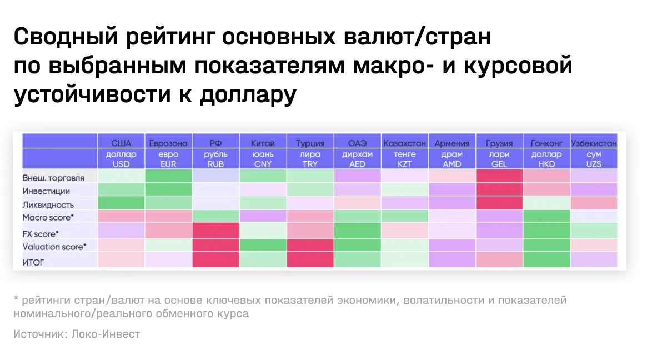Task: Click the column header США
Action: [x=121, y=143]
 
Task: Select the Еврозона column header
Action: [x=168, y=143]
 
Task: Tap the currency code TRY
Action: [x=310, y=164]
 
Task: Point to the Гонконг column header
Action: [x=546, y=143]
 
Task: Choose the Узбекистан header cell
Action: [x=594, y=143]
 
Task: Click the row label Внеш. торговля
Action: [x=53, y=178]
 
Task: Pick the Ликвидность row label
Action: [x=48, y=205]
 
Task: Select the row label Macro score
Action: [x=48, y=218]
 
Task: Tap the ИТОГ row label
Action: [x=33, y=262]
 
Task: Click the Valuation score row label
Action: [x=54, y=247]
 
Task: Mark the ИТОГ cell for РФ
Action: [x=216, y=259]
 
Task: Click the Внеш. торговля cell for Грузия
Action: [x=499, y=176]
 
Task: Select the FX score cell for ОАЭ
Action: [x=357, y=231]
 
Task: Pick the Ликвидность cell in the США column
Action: [x=121, y=203]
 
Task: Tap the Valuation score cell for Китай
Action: [x=263, y=245]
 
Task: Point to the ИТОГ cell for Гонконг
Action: [x=546, y=259]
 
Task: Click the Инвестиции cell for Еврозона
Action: [x=168, y=189]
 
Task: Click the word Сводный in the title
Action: [x=66, y=37]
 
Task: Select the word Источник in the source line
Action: [x=39, y=334]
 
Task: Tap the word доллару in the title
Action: [x=248, y=95]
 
